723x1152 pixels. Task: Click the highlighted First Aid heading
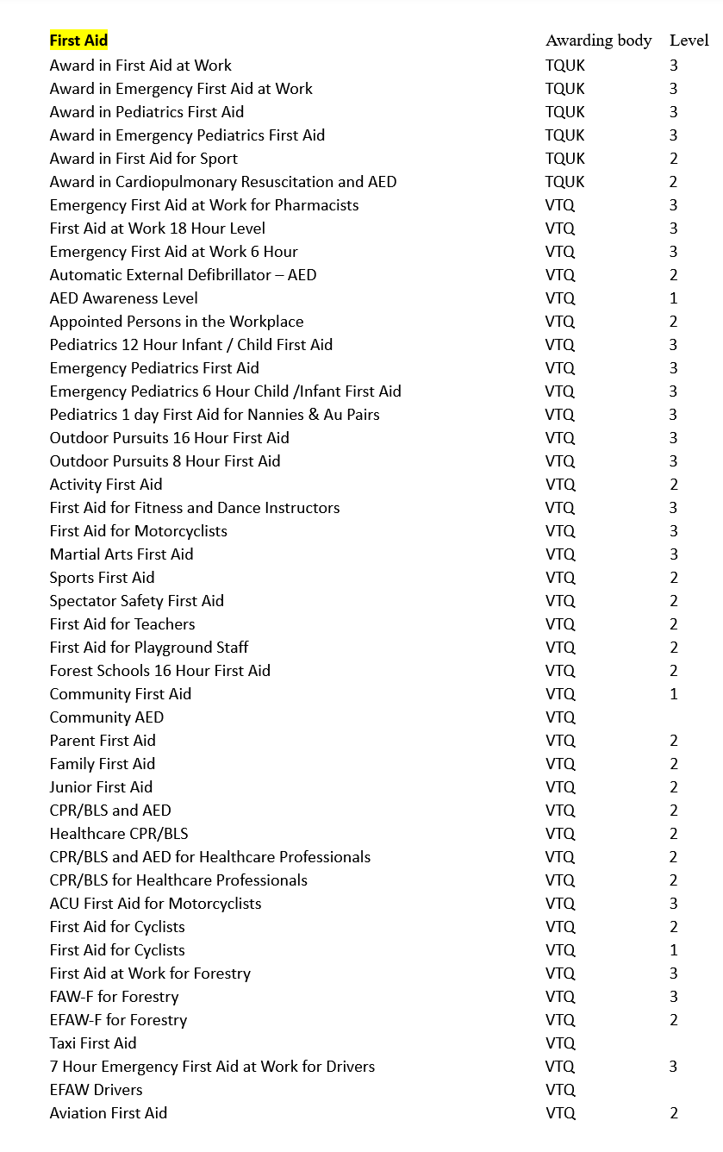[x=78, y=41]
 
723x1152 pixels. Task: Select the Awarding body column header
[x=598, y=41]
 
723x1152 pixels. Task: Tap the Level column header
[x=689, y=41]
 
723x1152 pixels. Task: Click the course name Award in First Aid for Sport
[x=143, y=159]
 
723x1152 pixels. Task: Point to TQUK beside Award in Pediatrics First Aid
[x=564, y=112]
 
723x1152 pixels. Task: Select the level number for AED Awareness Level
[x=674, y=298]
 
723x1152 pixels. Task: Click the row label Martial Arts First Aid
[x=121, y=554]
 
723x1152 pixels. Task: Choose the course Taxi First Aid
[x=93, y=1043]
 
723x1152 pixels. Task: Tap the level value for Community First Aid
[x=674, y=694]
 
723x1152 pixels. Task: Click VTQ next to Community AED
[x=560, y=717]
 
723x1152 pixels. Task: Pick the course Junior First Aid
[x=101, y=787]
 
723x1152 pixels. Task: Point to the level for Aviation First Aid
[x=674, y=1113]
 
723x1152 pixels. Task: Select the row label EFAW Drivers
[x=96, y=1090]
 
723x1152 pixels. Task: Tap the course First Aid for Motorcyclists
[x=138, y=531]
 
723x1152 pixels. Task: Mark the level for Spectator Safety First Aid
[x=674, y=601]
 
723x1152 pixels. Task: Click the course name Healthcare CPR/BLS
[x=119, y=834]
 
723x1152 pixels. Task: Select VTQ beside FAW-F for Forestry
[x=560, y=997]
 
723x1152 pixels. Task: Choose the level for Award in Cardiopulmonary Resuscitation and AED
[x=674, y=182]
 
